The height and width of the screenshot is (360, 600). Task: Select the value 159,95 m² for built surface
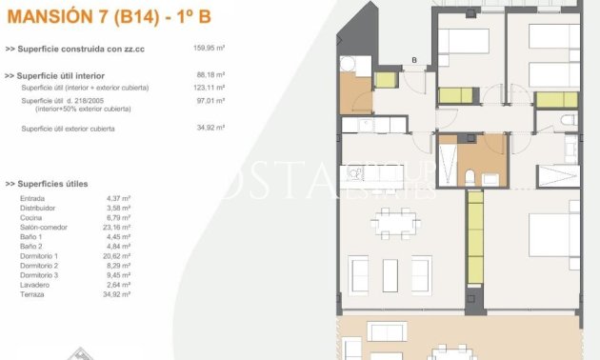coord(209,48)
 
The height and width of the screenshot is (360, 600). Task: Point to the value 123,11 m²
coord(209,87)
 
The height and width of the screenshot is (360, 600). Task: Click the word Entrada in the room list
coord(32,198)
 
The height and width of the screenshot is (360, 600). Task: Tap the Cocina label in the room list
coord(31,218)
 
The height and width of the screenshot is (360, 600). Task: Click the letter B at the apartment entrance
coord(413,61)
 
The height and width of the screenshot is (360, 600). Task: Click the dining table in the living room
coord(394,221)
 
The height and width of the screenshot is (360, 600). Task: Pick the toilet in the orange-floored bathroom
coord(469,177)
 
